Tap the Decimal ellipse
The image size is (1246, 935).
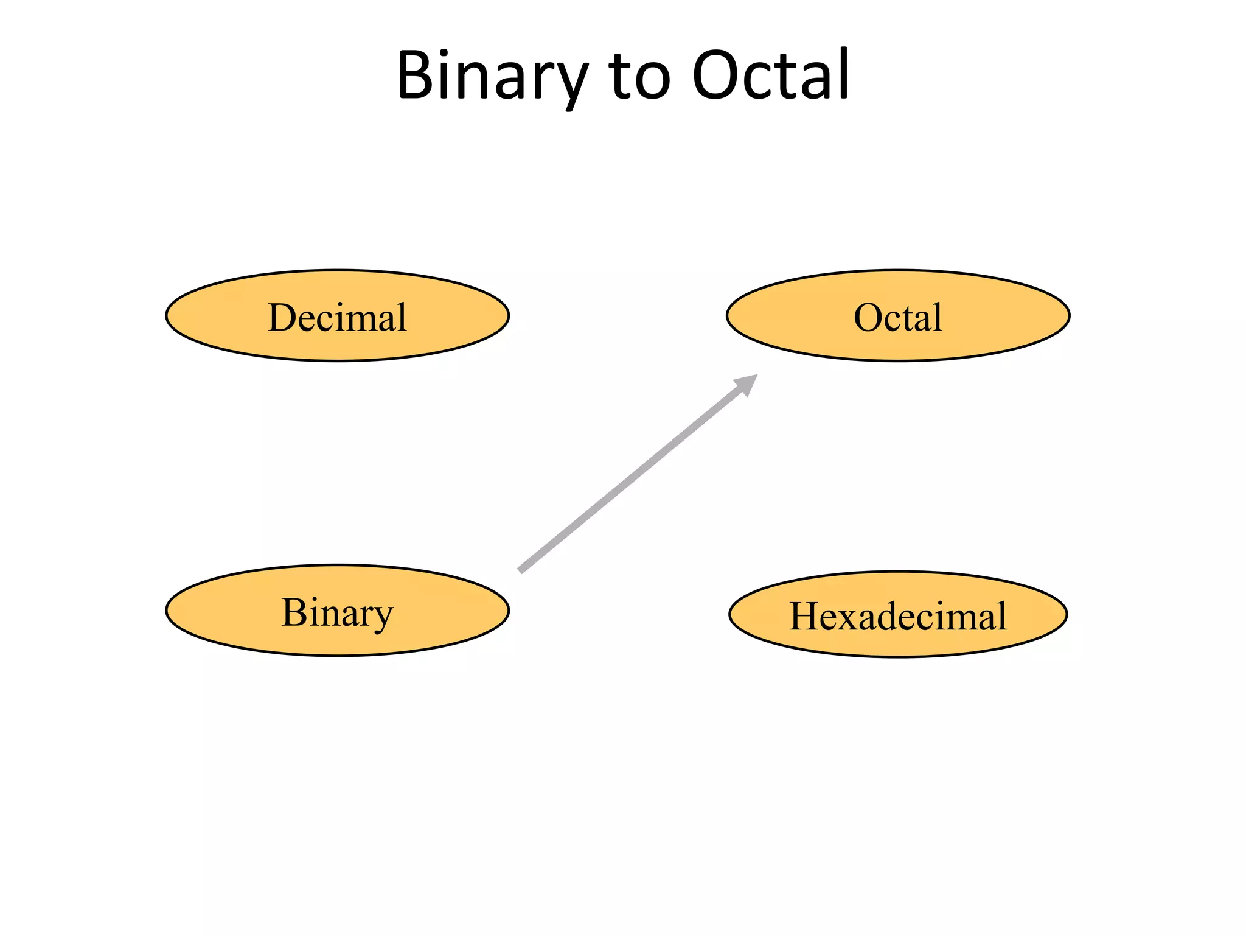[x=337, y=316]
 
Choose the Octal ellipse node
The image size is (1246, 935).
[x=898, y=316]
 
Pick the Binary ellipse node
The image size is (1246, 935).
[x=337, y=611]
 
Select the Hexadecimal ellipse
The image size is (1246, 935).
[x=898, y=615]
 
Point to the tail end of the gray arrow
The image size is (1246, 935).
[x=521, y=570]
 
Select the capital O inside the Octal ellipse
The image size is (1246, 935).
[x=868, y=317]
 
